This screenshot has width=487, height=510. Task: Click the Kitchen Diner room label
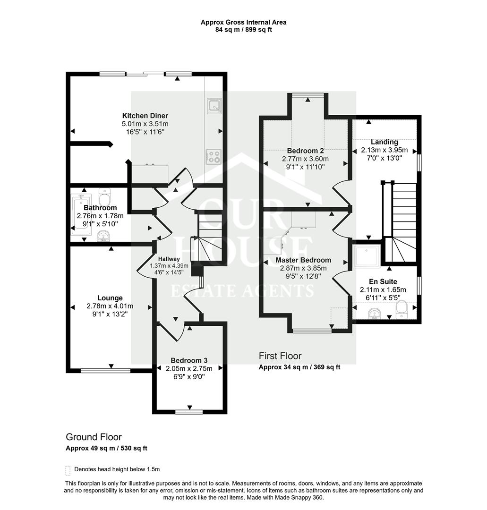point(145,116)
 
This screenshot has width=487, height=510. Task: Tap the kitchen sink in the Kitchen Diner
point(214,106)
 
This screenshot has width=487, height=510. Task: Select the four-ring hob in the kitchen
point(214,157)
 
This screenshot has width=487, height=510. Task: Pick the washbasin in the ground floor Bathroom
point(104,236)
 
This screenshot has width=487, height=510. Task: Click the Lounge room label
point(110,298)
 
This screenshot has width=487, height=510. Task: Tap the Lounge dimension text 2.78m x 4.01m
point(110,306)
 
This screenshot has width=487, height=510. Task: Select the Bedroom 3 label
point(189,360)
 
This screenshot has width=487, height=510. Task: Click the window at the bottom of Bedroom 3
point(189,412)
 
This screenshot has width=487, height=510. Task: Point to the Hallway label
point(169,259)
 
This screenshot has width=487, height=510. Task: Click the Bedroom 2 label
point(306,151)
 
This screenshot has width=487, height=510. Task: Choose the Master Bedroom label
point(303,260)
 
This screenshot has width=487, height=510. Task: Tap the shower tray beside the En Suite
point(367,257)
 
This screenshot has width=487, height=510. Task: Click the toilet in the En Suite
point(402,309)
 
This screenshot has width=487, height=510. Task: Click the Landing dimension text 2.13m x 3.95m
point(384,150)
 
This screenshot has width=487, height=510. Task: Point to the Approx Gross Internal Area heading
point(243,23)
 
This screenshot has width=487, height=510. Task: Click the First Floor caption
point(280,356)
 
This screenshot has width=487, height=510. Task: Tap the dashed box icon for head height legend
point(68,470)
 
